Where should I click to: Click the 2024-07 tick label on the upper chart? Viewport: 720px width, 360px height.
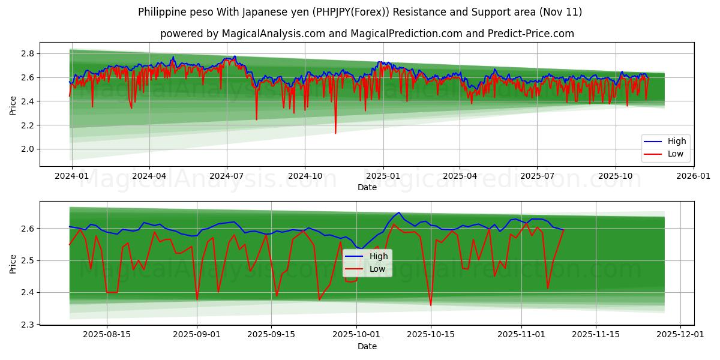(226, 176)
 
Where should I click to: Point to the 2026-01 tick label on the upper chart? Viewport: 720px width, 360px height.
(693, 176)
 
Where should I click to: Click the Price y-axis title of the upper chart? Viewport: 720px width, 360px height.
(13, 104)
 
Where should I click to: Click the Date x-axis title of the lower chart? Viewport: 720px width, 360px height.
(367, 346)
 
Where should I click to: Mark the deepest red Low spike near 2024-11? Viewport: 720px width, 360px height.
(335, 133)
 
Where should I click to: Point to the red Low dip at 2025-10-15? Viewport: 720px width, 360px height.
(430, 305)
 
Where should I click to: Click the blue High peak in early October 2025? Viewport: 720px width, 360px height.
(398, 212)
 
